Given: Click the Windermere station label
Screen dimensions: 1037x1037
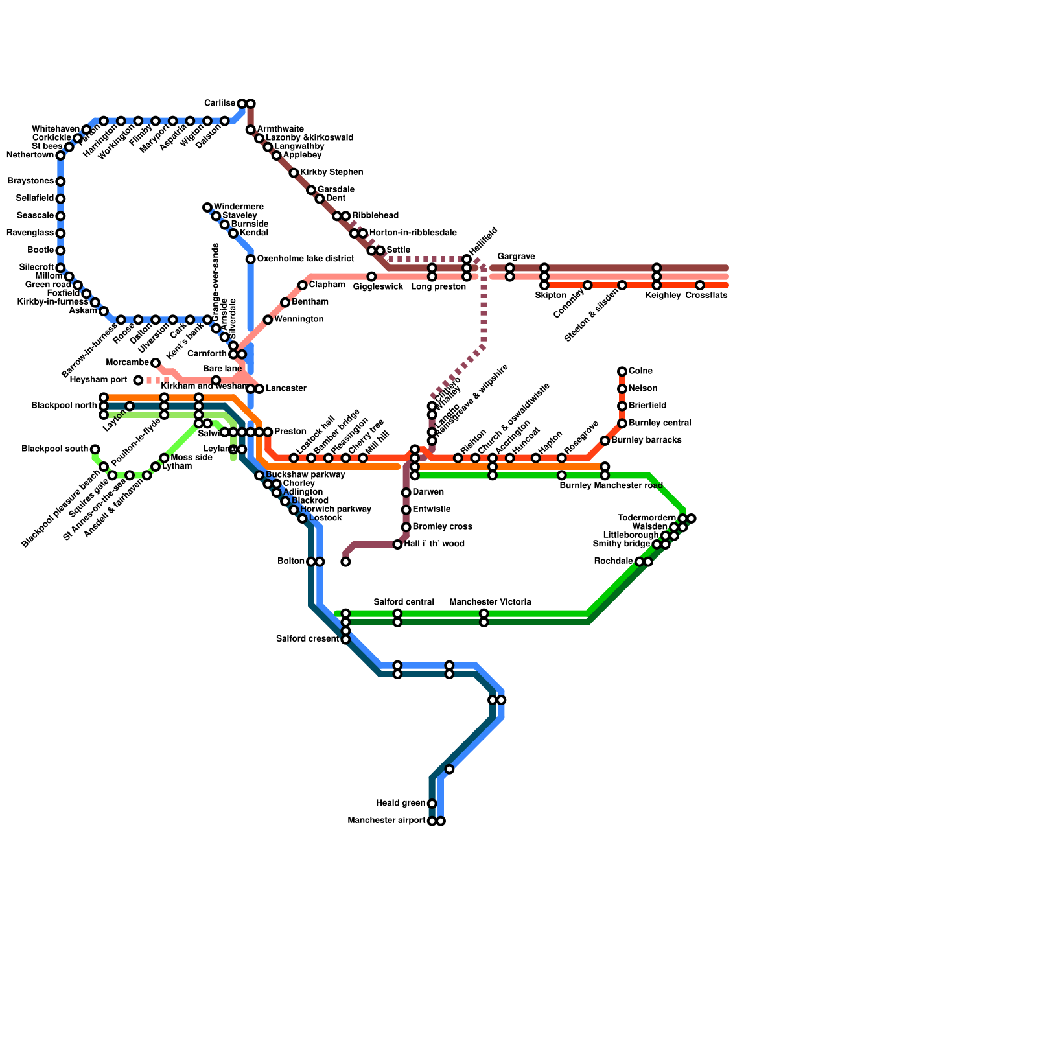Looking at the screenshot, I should click(238, 207).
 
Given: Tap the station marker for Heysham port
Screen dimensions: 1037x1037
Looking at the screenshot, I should click(138, 380).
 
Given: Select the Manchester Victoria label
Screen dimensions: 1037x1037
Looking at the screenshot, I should click(490, 603).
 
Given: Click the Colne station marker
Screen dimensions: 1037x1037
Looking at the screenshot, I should click(622, 371).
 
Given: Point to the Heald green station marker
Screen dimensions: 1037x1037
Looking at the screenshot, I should click(432, 804).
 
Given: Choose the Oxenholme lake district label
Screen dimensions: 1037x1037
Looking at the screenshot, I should click(305, 259).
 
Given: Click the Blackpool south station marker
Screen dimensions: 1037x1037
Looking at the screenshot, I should click(95, 449).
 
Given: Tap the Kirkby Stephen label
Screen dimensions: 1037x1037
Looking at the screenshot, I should click(331, 173).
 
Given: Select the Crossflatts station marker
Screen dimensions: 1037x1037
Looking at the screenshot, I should click(700, 285).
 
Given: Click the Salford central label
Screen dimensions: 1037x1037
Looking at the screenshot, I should click(404, 603).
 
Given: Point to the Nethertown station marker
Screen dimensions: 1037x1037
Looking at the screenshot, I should click(60, 156).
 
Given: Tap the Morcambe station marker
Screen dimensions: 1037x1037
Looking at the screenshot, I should click(156, 363).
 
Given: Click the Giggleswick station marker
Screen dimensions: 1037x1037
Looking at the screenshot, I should click(371, 277).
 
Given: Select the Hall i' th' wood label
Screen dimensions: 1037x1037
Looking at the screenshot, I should click(434, 544).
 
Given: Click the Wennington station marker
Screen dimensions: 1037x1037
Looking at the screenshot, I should click(268, 320).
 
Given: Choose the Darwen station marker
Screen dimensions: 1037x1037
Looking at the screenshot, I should click(406, 493).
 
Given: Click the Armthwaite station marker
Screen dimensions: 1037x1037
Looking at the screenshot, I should click(250, 130).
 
